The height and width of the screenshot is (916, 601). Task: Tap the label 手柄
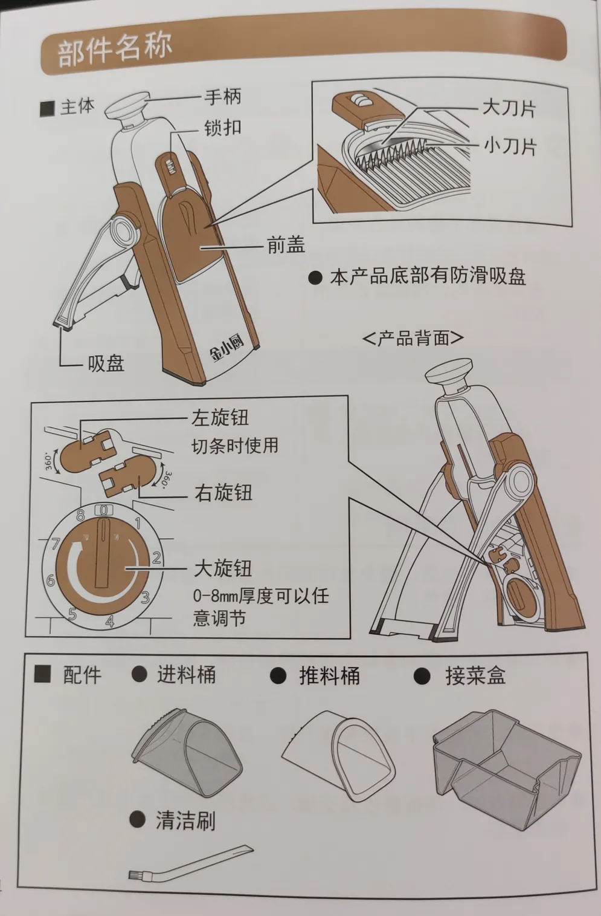pos(223,97)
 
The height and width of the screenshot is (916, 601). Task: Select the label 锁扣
pos(223,128)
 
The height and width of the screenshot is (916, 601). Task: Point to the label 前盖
pos(286,245)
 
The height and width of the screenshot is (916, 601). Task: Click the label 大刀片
pos(509,108)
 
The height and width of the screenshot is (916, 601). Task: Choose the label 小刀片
pos(510,146)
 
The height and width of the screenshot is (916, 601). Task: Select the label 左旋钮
pos(220,418)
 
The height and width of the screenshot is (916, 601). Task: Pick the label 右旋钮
pos(223,493)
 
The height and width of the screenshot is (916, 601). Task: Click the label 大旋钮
pos(223,568)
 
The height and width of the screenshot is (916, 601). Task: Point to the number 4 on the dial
pos(110,622)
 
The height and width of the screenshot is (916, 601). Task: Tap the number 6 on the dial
pos(51,580)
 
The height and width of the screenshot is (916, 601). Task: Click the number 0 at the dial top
pos(104,510)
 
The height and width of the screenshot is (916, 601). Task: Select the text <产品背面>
pos(413,338)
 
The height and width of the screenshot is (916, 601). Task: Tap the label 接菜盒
pos(475,675)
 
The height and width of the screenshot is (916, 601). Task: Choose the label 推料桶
pos(329,675)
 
